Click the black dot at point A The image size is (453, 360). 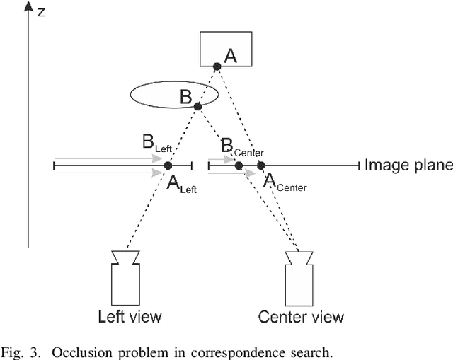pos(217,66)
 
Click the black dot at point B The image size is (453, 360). pos(198,107)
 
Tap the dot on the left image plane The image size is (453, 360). pos(168,166)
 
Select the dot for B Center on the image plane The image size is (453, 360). pos(239,166)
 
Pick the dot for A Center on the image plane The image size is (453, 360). pos(260,166)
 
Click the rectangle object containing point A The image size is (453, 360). pos(225,49)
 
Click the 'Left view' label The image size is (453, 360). pos(130,315)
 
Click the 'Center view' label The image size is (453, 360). pos(302,316)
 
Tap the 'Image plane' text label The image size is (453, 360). pos(408,166)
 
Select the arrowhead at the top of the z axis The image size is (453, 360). pos(28,7)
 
